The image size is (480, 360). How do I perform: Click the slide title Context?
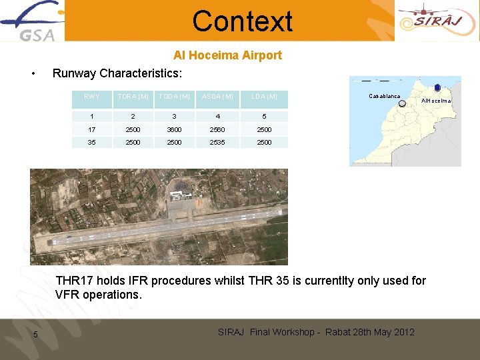coord(242,21)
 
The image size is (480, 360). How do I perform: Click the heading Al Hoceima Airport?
coord(227,55)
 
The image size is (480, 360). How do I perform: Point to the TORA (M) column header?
coord(133,97)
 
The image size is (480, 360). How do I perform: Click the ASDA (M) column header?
coord(217,97)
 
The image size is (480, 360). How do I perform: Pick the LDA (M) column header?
coord(264,97)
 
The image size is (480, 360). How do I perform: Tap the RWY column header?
coord(92,97)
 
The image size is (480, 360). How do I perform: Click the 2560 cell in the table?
coord(217,129)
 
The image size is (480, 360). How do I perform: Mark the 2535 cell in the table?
coord(217,142)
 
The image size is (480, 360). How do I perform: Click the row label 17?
coord(92,129)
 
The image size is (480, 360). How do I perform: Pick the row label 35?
coord(92,142)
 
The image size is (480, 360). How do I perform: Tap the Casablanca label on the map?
coord(385,96)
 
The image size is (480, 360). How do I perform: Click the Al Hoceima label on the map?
coord(437,101)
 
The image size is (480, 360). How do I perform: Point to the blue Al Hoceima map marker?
coord(437,87)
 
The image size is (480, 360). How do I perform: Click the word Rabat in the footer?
coord(340,332)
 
